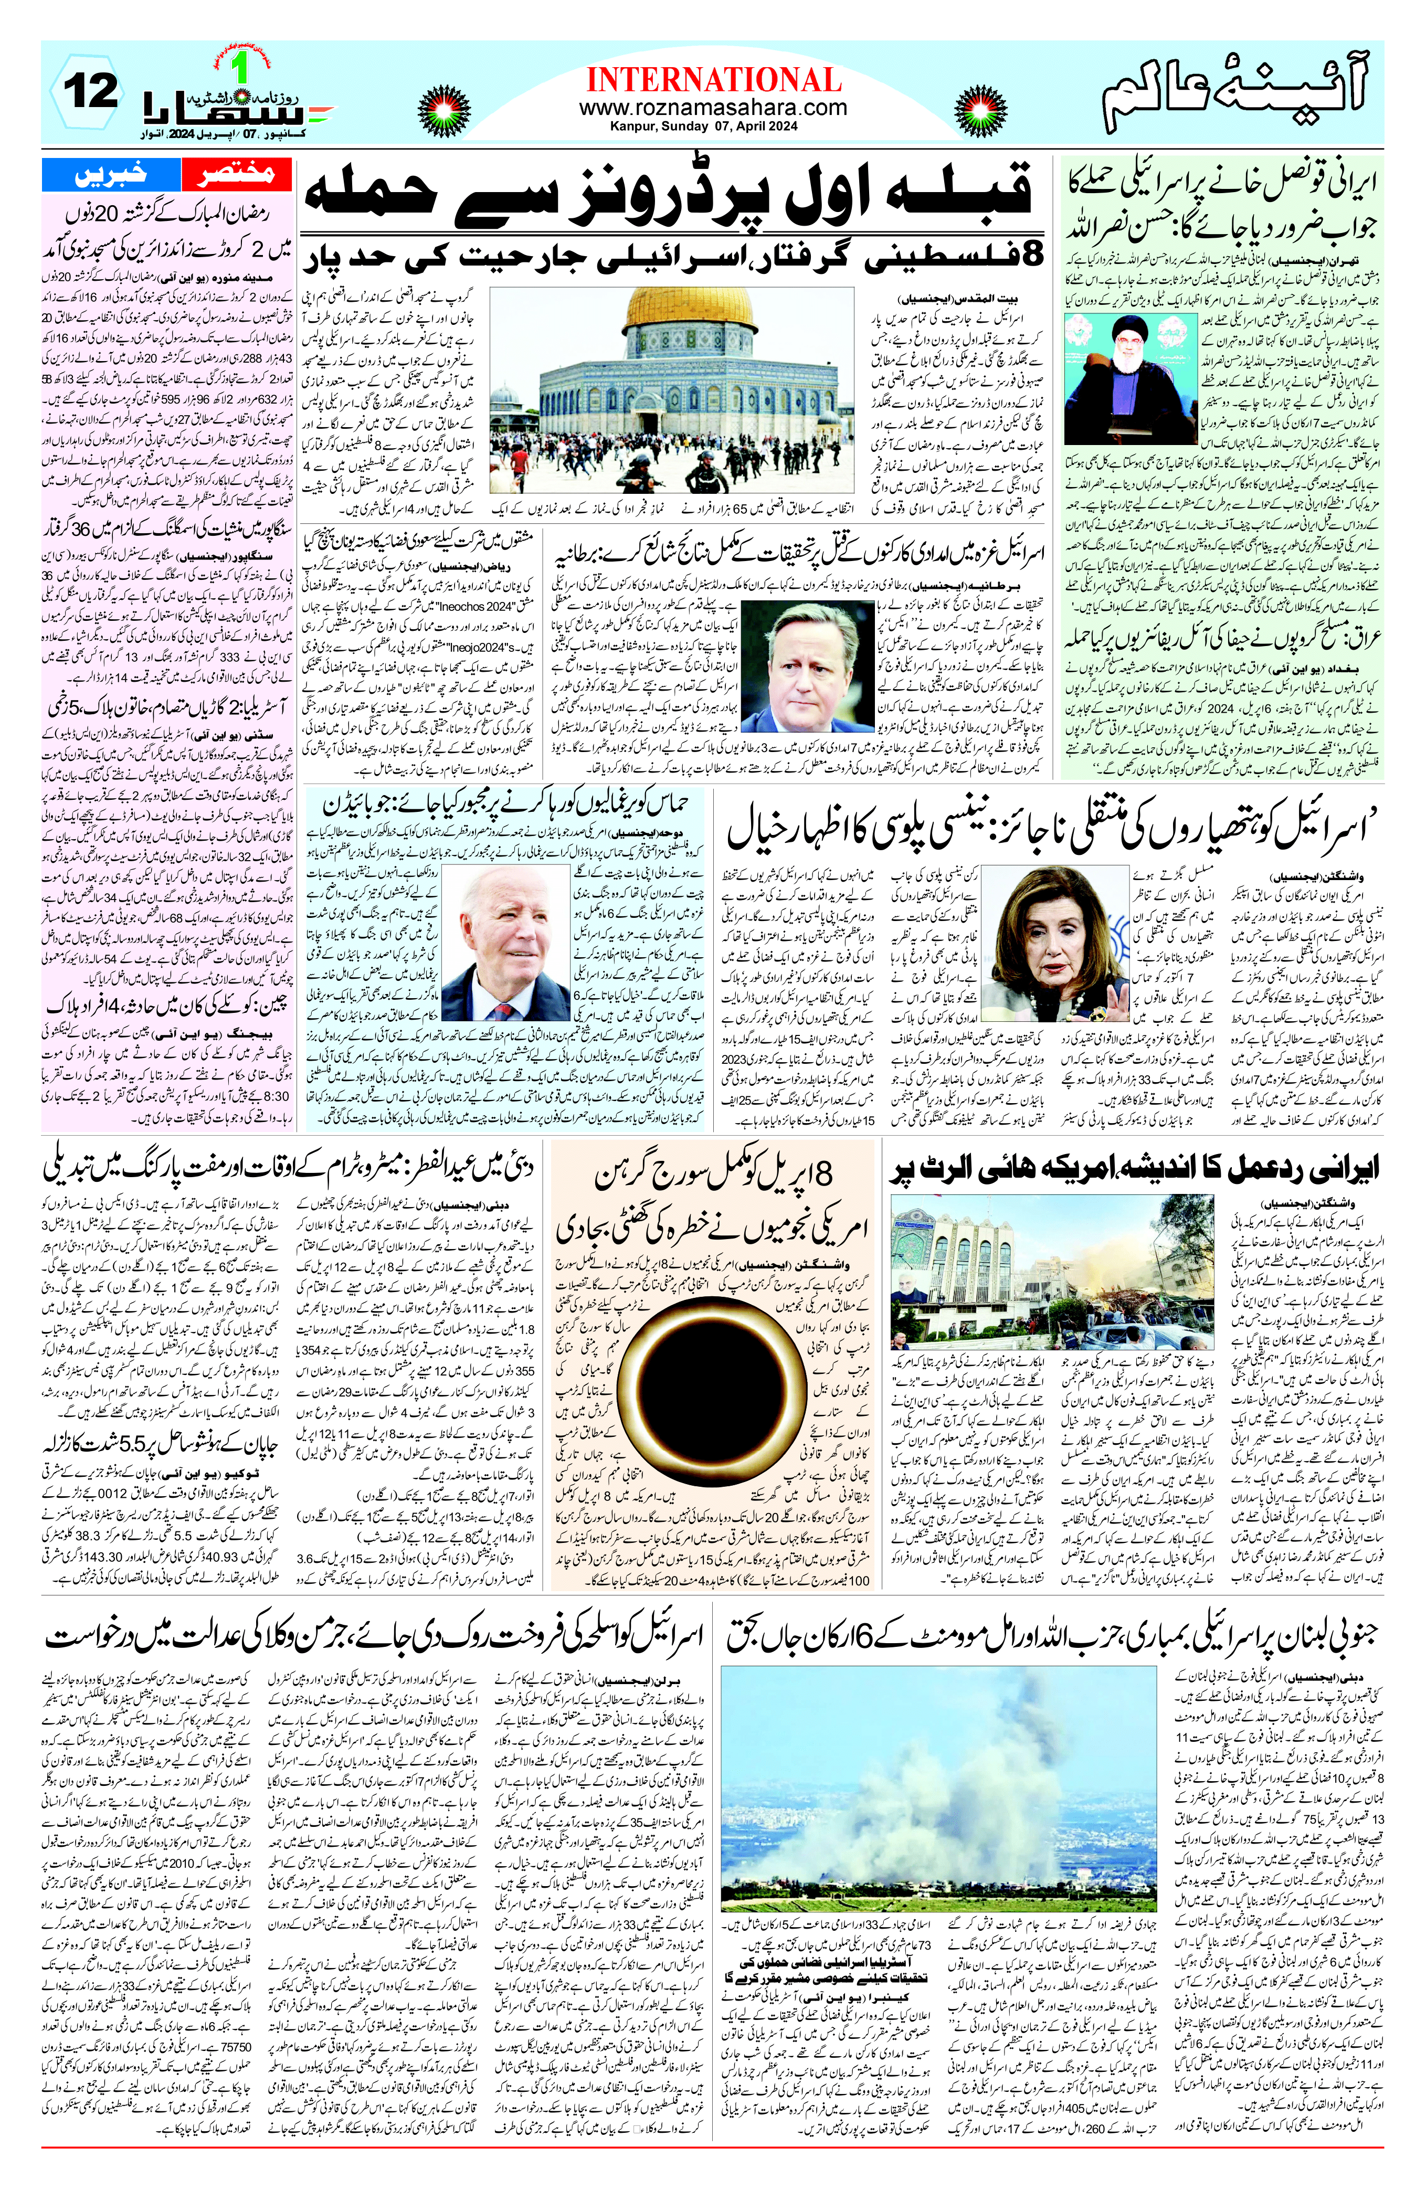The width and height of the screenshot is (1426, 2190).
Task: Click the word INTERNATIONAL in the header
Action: [x=713, y=80]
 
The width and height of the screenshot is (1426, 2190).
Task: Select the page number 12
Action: [x=90, y=93]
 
